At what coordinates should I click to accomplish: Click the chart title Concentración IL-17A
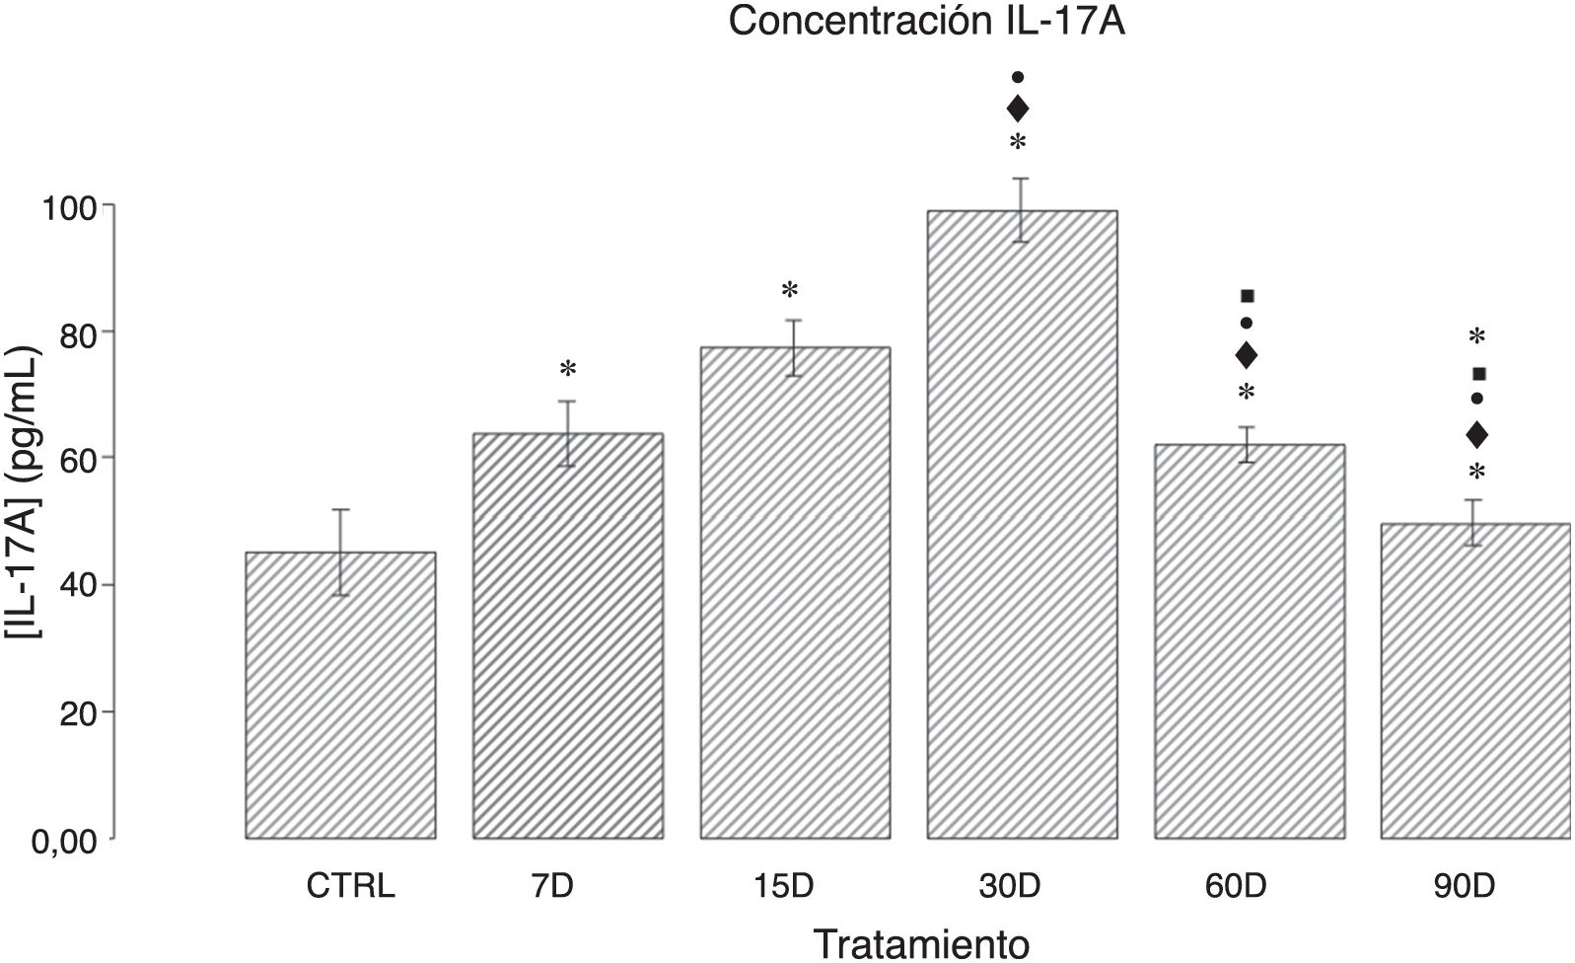tap(926, 23)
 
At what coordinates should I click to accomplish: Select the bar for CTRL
tap(340, 696)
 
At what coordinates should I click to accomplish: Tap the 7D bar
tap(567, 636)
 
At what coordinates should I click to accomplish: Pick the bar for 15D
tap(794, 592)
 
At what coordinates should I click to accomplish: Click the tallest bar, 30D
tap(1021, 523)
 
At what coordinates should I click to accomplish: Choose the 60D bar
tap(1249, 641)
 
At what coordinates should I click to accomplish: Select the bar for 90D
tap(1475, 681)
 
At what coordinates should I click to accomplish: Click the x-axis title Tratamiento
tap(921, 942)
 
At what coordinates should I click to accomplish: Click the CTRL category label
tap(350, 885)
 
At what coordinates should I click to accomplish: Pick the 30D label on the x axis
tap(1009, 885)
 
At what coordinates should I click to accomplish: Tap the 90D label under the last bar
tap(1465, 885)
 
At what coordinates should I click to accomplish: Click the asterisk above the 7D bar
tap(567, 370)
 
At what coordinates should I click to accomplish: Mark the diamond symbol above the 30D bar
tap(1018, 109)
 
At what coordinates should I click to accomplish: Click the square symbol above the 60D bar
tap(1247, 296)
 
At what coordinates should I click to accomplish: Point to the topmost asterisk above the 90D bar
tap(1476, 336)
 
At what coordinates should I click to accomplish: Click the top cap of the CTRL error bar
tap(340, 509)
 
